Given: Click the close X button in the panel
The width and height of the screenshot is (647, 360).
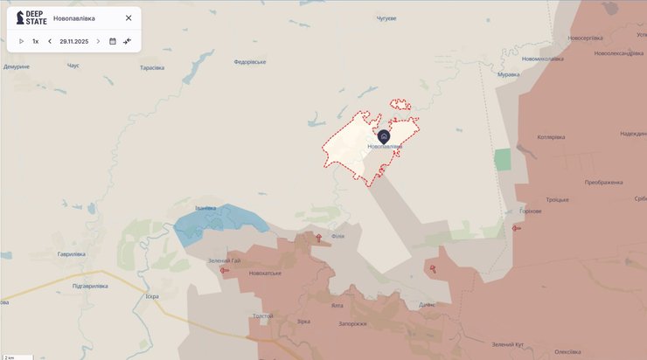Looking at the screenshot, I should [x=129, y=17].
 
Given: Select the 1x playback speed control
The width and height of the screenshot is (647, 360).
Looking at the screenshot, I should [x=36, y=41].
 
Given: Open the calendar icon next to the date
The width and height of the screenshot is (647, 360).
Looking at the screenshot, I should [x=113, y=41].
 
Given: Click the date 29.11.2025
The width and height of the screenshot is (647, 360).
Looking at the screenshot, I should [x=74, y=41].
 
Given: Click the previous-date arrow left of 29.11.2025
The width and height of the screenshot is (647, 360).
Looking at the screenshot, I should [x=50, y=41].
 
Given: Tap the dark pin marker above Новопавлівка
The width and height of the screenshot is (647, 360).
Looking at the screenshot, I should [x=383, y=136].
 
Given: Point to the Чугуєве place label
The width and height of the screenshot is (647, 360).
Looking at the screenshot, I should [x=386, y=18].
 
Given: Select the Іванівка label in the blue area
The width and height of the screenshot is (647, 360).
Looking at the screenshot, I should [x=205, y=208].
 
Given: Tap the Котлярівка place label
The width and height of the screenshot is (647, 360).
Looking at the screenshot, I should [x=551, y=137].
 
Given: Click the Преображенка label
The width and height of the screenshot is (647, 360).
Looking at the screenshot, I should [x=603, y=183].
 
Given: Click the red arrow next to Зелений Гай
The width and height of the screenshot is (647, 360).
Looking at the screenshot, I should [x=225, y=270].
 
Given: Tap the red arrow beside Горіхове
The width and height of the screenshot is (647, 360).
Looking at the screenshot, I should [x=517, y=229].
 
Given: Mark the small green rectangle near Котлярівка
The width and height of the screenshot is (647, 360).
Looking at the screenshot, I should [x=502, y=160].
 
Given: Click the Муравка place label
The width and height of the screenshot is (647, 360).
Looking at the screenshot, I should [x=508, y=74].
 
